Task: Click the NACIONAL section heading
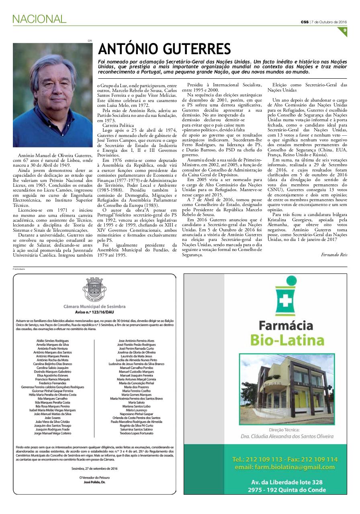pyautogui.click(x=39, y=18)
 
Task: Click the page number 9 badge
pyautogui.click(x=345, y=31)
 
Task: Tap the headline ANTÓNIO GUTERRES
pyautogui.click(x=164, y=49)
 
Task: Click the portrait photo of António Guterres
pyautogui.click(x=53, y=95)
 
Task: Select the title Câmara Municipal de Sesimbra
pyautogui.click(x=94, y=306)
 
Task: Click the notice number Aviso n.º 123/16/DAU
pyautogui.click(x=94, y=312)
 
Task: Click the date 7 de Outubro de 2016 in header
pyautogui.click(x=329, y=22)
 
